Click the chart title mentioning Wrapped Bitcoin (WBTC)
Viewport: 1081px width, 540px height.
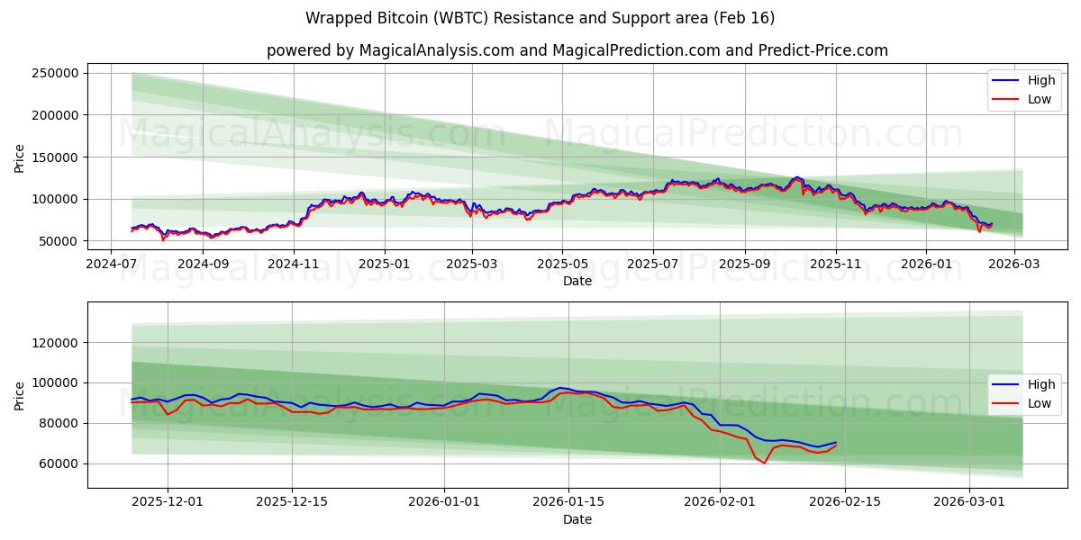pos(540,18)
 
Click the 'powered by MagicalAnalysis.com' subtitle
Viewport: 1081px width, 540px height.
pos(577,50)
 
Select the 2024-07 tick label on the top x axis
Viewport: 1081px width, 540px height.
pos(111,264)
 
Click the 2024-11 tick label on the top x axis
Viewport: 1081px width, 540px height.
pos(294,264)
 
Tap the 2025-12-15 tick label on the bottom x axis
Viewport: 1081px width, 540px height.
pos(292,501)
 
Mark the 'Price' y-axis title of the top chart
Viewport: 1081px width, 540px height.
pos(20,157)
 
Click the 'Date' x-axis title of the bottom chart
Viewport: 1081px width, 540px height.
pos(577,519)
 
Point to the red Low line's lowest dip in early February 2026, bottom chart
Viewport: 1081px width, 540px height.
pos(764,463)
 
